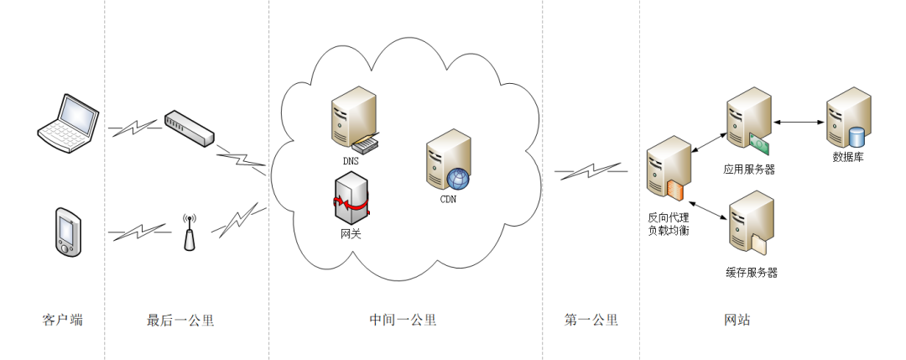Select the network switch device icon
click(189, 127)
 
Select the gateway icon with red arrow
click(350, 200)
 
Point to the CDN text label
click(449, 199)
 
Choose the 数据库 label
click(847, 157)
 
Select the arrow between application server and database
click(798, 123)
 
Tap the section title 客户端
click(63, 320)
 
